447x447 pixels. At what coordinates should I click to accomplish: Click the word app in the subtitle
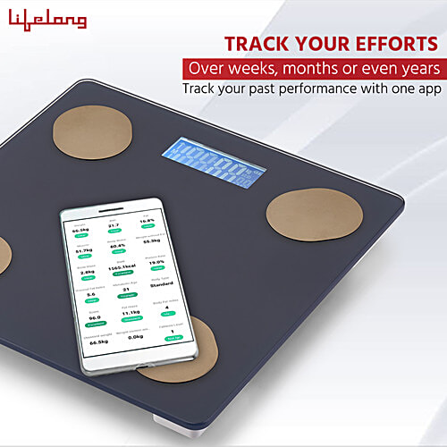point(427,89)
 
